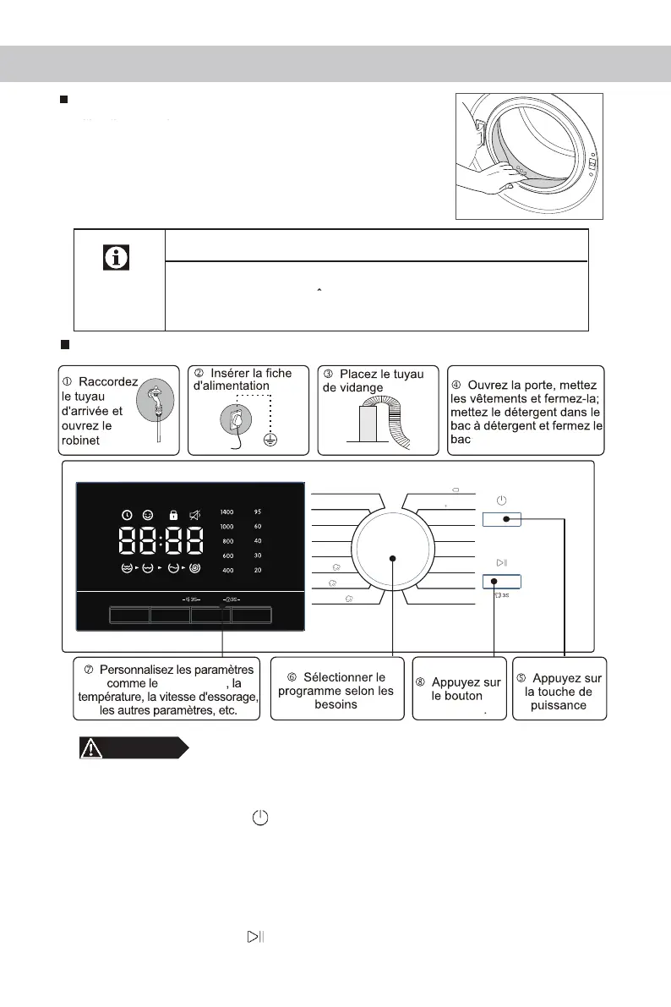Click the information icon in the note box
117,257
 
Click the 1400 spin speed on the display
226,512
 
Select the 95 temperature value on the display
258,512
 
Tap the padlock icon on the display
173,514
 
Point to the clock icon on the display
127,514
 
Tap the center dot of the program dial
393,558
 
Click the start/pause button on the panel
501,581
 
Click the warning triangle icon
91,747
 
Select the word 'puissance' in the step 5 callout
559,705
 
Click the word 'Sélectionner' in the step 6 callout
344,677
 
